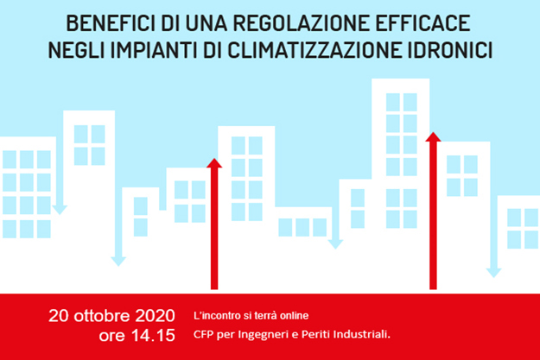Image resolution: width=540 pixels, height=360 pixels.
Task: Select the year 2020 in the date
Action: [x=156, y=313]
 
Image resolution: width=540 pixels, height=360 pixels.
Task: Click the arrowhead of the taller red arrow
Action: [x=434, y=136]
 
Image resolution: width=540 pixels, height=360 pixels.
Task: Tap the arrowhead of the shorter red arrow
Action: [x=215, y=162]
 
